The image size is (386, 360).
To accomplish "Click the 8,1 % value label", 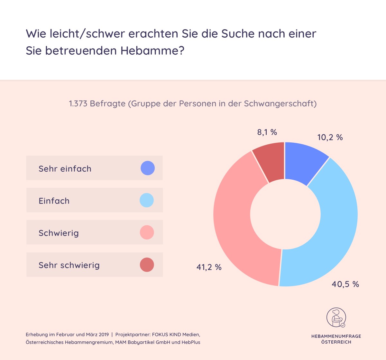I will pos(267,132).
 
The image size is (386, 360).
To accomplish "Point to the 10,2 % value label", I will pos(330,137).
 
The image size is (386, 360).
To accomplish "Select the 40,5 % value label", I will pos(345,284).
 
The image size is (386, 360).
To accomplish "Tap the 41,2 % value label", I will pos(209,267).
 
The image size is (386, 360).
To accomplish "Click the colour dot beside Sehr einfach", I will pos(148,168).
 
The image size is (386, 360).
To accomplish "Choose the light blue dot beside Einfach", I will pos(147,200).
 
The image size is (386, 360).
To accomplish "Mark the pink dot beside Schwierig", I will pos(147,232).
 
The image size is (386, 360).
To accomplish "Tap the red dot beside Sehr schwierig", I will pos(147,265).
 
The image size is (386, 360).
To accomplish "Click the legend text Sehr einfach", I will pos(65,169).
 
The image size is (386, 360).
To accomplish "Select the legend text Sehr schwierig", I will pos(69,265).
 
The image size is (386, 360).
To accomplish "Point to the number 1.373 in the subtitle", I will pos(78,104).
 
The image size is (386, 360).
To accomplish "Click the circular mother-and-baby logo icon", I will pos(336,317).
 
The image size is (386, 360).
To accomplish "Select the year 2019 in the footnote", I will pos(104,335).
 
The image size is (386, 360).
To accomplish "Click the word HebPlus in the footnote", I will pos(191,342).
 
